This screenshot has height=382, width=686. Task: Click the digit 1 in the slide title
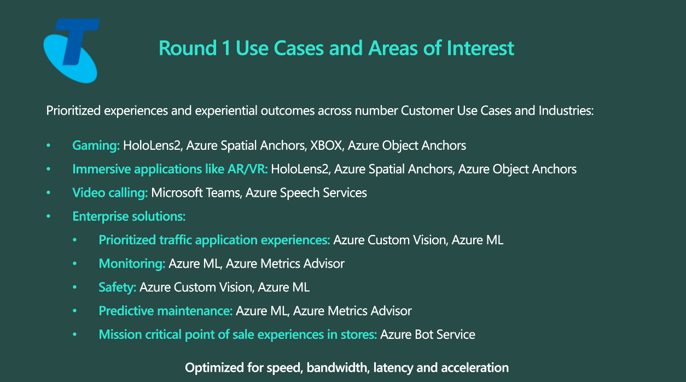pos(226,48)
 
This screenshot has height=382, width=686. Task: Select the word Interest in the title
pos(480,48)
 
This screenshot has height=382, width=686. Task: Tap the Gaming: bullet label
pos(96,145)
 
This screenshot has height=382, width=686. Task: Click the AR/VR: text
pos(247,169)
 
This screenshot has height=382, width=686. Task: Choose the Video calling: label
pos(110,193)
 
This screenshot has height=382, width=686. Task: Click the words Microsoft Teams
pos(196,193)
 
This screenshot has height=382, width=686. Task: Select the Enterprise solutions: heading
pos(129,216)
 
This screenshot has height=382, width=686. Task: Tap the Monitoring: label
pos(132,263)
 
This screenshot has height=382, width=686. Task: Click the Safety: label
pos(118,287)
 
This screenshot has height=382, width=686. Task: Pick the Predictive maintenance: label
pos(166,311)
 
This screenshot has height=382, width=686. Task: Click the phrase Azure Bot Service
pos(428,334)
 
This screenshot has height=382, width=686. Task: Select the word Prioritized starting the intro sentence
pos(73,111)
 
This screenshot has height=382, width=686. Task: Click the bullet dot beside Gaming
pos(48,145)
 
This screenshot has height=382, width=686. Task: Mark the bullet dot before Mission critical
pos(75,334)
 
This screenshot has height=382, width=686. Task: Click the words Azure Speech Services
pos(306,193)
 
